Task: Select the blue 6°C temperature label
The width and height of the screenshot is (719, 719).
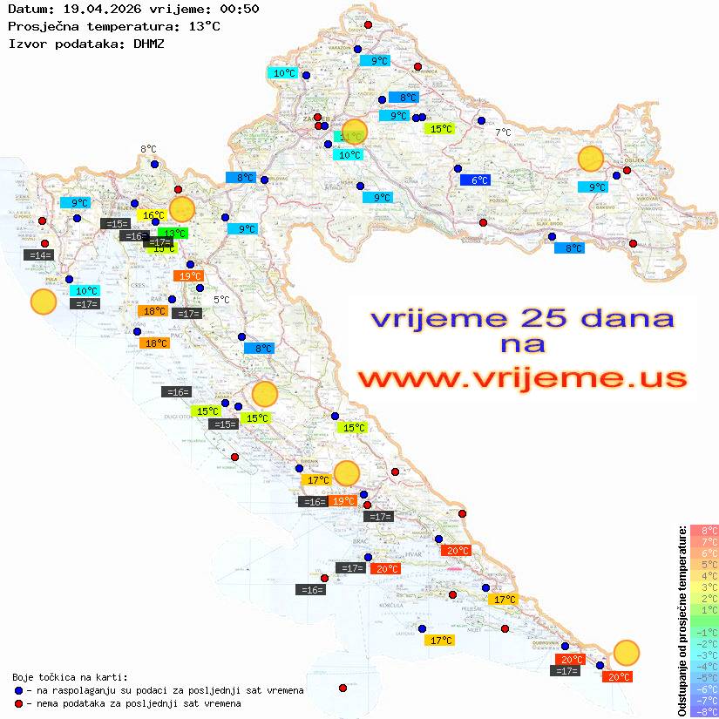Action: pos(475,180)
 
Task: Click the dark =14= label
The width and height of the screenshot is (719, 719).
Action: pos(39,255)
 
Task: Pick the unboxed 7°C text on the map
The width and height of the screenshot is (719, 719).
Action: pos(503,132)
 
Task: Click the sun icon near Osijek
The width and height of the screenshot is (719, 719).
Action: pos(591,159)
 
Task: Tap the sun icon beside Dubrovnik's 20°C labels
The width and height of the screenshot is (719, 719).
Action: pos(626,652)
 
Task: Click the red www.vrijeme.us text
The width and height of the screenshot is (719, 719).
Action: pos(522,377)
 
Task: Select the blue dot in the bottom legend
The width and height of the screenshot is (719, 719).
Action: pos(18,690)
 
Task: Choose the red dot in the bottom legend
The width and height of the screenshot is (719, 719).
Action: pos(18,703)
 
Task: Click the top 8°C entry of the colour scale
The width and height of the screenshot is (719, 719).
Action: pos(704,530)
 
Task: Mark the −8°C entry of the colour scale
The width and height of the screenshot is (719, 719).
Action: pos(704,711)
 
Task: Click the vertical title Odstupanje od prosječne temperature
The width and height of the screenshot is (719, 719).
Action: pos(682,621)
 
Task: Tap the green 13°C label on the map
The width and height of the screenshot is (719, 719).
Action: pos(173,233)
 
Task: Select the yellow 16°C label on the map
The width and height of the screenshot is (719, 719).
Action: pos(153,214)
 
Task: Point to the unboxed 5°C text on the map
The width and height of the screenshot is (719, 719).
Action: pos(221,299)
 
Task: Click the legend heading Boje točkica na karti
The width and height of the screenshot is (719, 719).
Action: pos(70,677)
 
